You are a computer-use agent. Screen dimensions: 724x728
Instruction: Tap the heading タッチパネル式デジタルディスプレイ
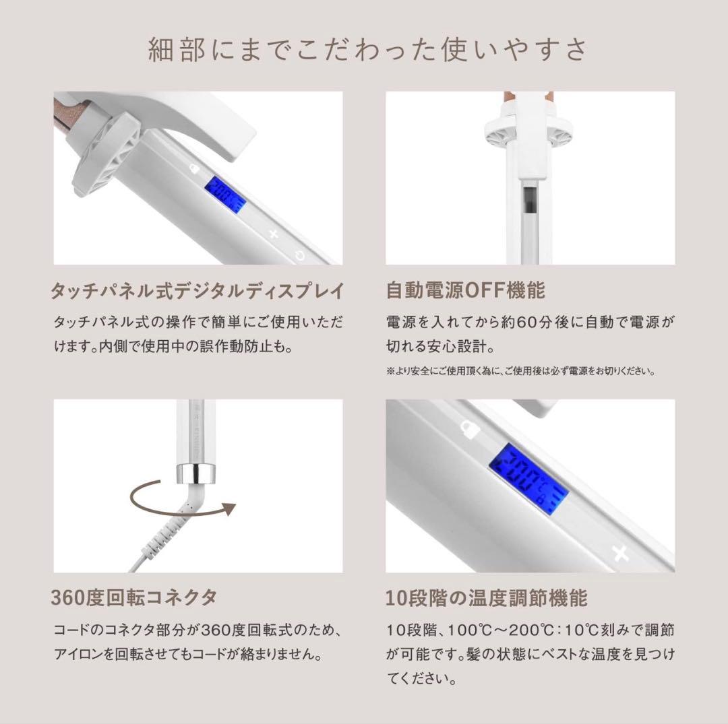pyautogui.click(x=198, y=291)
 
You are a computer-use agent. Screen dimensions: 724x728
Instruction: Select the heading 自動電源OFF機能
pyautogui.click(x=465, y=291)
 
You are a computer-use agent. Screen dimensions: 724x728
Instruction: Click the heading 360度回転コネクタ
pyautogui.click(x=134, y=597)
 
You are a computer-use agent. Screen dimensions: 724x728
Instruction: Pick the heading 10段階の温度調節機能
pyautogui.click(x=486, y=597)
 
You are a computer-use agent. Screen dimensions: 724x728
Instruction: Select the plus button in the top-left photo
pyautogui.click(x=274, y=234)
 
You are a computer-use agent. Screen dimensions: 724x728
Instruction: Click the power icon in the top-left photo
pyautogui.click(x=299, y=255)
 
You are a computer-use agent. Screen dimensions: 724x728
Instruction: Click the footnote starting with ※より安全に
pyautogui.click(x=521, y=371)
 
